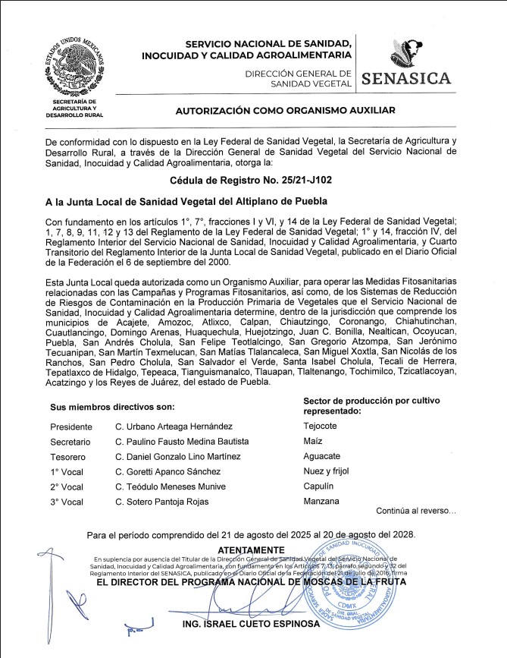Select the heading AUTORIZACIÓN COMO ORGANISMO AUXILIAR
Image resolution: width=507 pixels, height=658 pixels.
click(286, 111)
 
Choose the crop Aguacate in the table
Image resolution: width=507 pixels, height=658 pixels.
click(321, 456)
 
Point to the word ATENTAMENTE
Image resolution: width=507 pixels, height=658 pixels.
click(252, 549)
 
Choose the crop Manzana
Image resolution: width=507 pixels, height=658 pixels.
click(321, 501)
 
